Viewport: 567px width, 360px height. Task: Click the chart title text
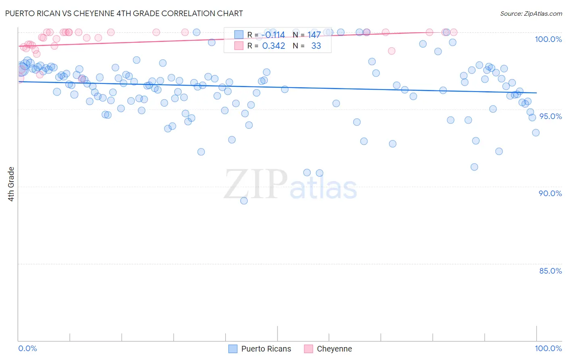click(124, 13)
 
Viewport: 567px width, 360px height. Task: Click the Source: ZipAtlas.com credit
click(531, 13)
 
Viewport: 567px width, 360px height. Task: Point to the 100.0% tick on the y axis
click(548, 39)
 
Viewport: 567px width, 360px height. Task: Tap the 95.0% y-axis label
click(550, 116)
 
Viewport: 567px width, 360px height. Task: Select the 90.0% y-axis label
click(550, 193)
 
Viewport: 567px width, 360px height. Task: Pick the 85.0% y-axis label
click(550, 271)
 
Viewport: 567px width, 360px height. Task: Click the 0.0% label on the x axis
click(27, 348)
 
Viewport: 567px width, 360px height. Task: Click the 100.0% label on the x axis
click(548, 348)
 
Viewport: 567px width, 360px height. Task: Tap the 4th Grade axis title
click(11, 184)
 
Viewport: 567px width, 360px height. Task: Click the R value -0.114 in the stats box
click(273, 35)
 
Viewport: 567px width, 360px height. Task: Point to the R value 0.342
click(273, 46)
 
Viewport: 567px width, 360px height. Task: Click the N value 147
click(314, 35)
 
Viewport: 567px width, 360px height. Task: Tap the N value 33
click(316, 46)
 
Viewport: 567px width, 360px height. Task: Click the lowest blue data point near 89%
click(244, 201)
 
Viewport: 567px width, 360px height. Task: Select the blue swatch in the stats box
click(239, 35)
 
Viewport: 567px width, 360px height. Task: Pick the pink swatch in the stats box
click(239, 46)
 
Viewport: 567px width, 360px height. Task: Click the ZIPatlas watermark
click(290, 184)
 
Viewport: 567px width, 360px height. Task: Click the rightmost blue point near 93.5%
click(536, 133)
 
